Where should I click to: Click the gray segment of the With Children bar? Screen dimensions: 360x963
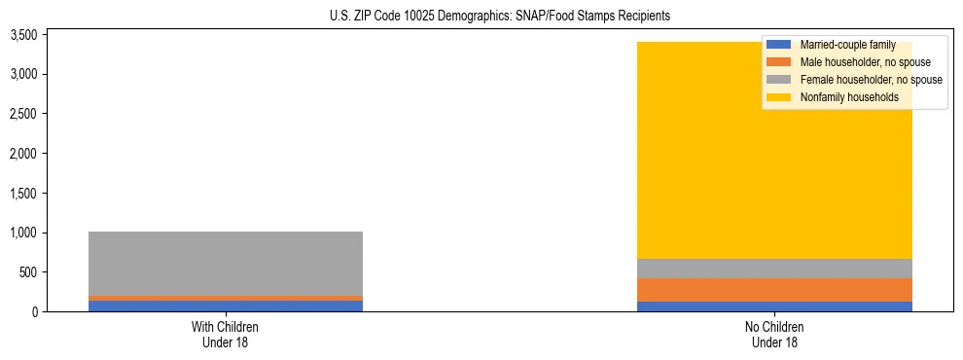point(226,263)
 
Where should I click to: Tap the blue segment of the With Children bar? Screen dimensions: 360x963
point(226,306)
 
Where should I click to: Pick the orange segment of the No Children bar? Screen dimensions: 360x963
point(774,290)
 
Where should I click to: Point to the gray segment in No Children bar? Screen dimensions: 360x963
point(774,269)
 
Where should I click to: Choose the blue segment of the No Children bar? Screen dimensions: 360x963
point(774,306)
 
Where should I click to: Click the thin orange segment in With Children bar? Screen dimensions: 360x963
point(226,298)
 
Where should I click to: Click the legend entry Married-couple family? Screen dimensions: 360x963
point(846,45)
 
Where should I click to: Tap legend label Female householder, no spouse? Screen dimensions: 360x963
point(871,80)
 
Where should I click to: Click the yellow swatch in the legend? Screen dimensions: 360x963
point(780,97)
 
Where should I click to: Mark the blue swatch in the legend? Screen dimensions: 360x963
point(780,45)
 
